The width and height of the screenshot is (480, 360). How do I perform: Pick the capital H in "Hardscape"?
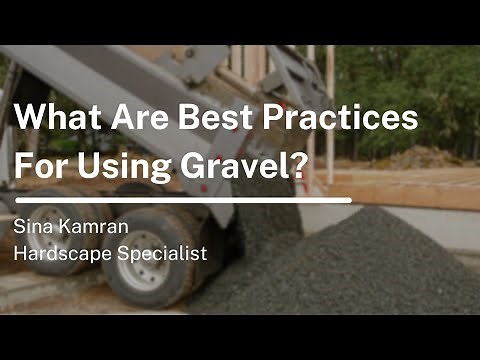tap(19, 254)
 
